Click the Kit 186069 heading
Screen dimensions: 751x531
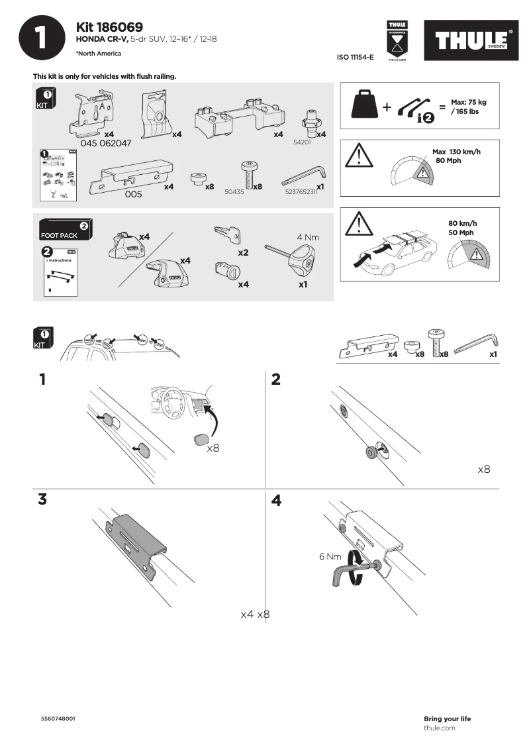point(109,27)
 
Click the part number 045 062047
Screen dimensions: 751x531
point(105,143)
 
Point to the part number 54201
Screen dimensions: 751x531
point(302,142)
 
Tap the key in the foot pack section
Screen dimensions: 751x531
point(228,235)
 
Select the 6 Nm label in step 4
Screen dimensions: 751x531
point(329,557)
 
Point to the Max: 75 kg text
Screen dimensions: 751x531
point(468,103)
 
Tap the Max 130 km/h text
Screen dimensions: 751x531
point(456,152)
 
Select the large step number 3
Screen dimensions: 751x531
point(42,500)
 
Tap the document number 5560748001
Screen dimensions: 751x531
point(58,719)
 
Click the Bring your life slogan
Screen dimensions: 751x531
point(447,719)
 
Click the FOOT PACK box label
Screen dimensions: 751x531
point(60,235)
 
